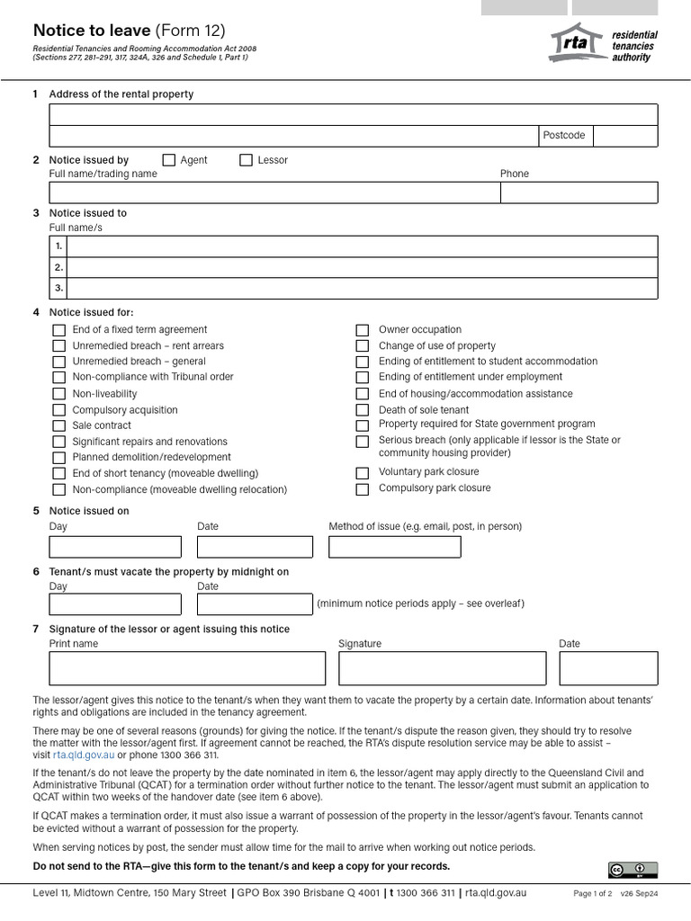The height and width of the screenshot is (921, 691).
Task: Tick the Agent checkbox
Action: [x=168, y=160]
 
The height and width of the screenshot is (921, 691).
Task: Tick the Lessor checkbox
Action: [x=246, y=160]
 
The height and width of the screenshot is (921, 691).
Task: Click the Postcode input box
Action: [x=624, y=135]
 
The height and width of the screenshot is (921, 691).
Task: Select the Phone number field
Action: [x=579, y=192]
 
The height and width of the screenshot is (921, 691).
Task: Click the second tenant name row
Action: [x=362, y=267]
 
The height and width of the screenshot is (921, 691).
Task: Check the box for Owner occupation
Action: [x=362, y=330]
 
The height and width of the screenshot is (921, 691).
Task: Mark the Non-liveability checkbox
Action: [x=58, y=394]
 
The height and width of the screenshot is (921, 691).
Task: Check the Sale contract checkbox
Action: [x=58, y=425]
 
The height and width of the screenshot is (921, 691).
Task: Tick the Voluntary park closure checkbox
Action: [x=362, y=473]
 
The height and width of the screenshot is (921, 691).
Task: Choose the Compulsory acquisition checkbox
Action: [x=58, y=410]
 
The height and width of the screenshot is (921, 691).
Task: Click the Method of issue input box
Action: [x=394, y=547]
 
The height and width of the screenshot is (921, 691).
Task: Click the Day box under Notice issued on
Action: [x=115, y=547]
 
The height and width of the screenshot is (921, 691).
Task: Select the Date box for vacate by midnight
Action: [x=255, y=604]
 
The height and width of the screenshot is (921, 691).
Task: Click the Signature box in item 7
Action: [x=442, y=668]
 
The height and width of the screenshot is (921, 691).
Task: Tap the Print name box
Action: [x=187, y=668]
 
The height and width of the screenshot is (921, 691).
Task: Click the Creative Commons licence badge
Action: [x=633, y=870]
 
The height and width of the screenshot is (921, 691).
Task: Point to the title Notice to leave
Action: [x=92, y=31]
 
